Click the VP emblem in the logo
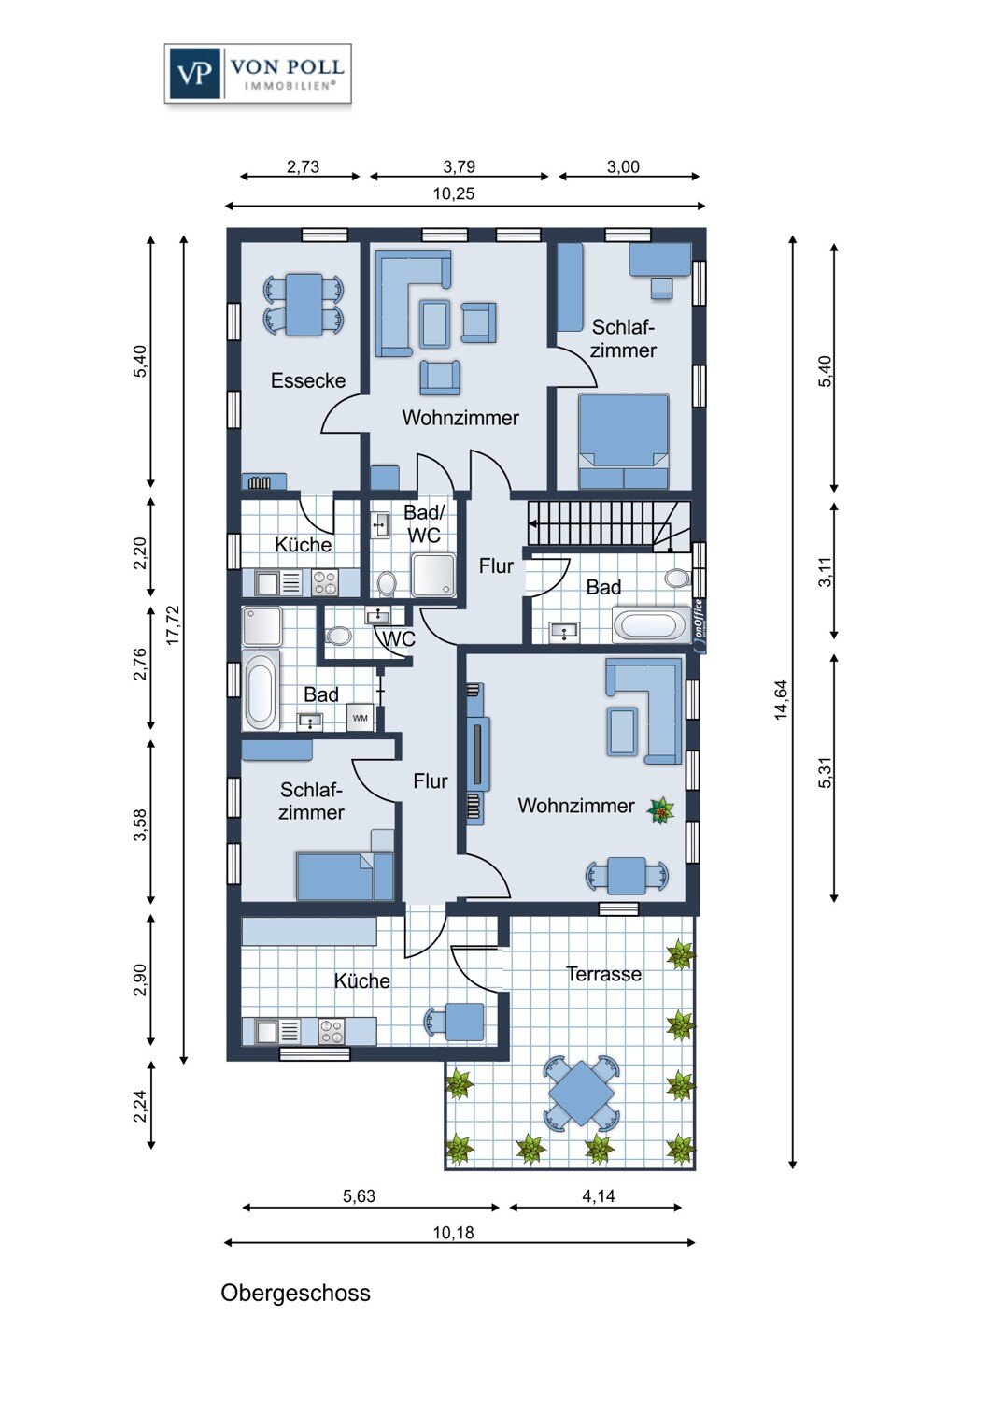194,74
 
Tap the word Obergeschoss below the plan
295,1293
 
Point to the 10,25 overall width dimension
454,194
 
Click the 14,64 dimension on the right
781,700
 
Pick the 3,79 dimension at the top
459,167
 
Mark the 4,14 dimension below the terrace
599,1196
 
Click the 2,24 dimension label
140,1107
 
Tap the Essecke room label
307,380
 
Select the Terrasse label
603,974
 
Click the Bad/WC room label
423,524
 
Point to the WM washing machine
361,718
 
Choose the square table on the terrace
581,1093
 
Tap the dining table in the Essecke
304,305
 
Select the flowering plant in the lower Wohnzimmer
661,810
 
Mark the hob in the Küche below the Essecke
325,583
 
